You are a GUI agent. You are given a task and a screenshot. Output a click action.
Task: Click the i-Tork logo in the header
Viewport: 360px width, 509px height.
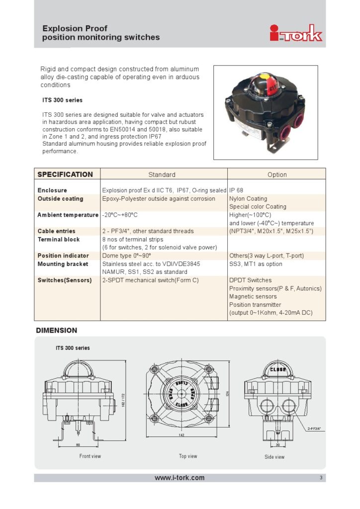click(x=296, y=33)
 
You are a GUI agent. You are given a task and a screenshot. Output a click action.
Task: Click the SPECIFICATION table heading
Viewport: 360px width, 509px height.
click(x=65, y=174)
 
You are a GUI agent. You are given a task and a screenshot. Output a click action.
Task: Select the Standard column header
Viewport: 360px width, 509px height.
click(x=162, y=174)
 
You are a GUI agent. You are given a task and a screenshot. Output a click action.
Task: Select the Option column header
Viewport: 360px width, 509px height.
click(x=277, y=174)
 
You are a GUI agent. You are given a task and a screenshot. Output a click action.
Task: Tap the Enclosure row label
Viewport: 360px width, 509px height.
click(x=52, y=190)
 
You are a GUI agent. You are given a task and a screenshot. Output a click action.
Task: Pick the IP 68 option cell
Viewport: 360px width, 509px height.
click(x=236, y=190)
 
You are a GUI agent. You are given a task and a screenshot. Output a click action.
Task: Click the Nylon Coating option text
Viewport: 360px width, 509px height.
click(x=248, y=198)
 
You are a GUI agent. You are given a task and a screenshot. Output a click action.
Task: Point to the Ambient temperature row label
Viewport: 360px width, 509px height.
click(x=68, y=215)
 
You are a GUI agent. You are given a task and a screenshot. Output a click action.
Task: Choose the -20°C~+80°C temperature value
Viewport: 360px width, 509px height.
click(x=120, y=215)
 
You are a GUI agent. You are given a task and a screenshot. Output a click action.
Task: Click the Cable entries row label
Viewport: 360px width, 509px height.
click(x=57, y=231)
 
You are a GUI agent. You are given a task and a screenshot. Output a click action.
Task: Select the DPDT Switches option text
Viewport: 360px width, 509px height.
click(x=251, y=280)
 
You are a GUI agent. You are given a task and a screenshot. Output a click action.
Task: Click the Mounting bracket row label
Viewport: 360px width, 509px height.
click(x=63, y=264)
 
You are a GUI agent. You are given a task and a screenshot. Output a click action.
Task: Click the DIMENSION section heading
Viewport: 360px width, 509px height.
click(x=57, y=330)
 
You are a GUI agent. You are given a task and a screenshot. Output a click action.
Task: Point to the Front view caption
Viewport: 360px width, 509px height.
click(x=90, y=456)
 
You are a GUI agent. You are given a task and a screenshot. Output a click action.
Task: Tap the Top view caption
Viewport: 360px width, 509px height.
click(x=188, y=456)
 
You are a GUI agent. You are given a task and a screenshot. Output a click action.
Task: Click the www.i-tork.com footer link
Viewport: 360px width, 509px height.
click(x=180, y=478)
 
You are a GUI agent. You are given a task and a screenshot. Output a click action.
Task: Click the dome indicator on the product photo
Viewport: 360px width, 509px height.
click(x=268, y=83)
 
